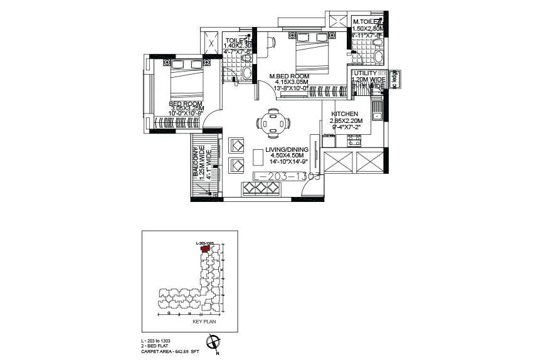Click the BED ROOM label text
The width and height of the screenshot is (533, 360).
point(184,103)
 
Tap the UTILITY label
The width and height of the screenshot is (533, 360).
point(364,73)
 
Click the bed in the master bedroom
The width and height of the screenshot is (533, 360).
point(311,55)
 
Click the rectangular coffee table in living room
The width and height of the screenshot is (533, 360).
point(257,156)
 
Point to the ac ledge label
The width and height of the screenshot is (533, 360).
point(395,79)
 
